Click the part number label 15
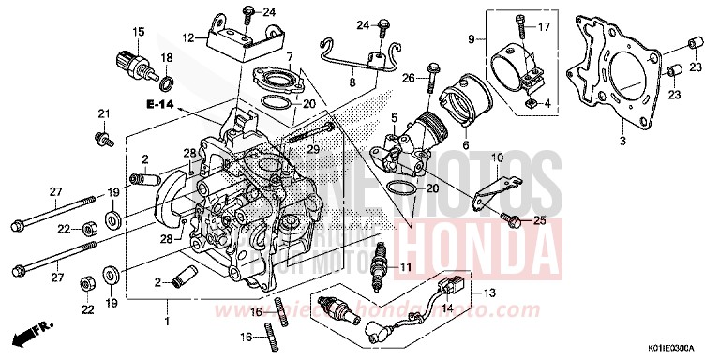[x=138, y=32]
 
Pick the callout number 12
[x=188, y=38]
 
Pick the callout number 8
[x=352, y=83]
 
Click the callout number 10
[x=498, y=157]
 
